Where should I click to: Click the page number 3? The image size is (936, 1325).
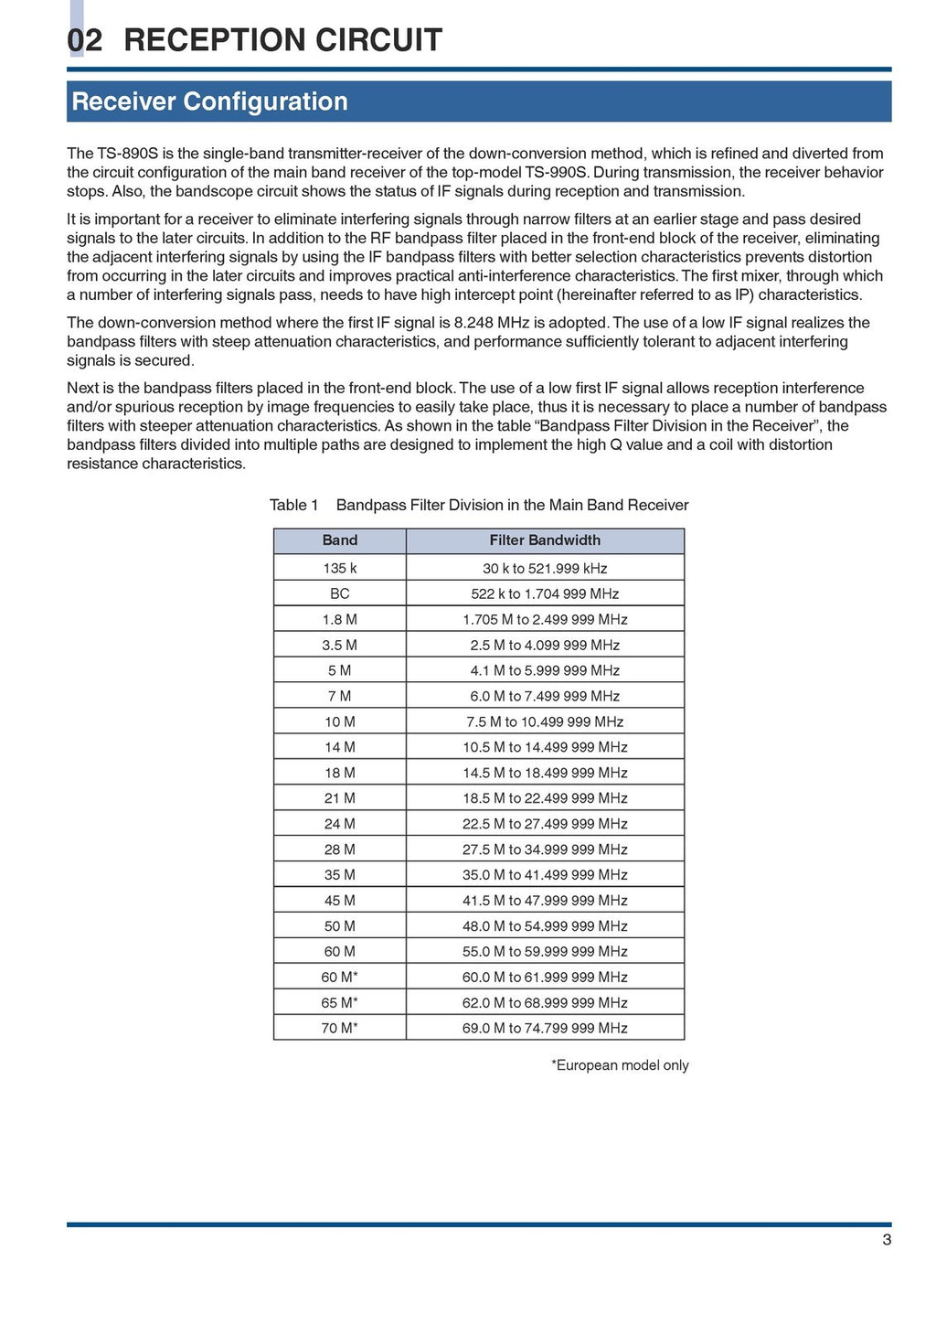887,1240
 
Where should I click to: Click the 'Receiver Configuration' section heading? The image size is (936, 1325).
209,102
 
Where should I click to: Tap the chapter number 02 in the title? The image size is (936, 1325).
85,40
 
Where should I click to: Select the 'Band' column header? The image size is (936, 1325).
339,540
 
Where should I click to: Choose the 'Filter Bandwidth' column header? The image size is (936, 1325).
545,540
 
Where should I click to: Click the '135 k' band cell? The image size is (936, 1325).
339,568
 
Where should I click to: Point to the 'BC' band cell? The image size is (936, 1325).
339,593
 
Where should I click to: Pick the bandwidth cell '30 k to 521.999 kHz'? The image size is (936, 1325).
545,568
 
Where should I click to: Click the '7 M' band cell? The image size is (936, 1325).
339,696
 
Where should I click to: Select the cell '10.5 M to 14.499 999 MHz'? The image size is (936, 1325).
545,747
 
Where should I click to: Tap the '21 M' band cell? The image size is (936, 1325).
339,798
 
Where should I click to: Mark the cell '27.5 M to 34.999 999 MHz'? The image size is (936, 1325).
545,849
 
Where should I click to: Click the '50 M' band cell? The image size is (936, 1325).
339,926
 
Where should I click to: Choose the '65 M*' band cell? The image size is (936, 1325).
339,1003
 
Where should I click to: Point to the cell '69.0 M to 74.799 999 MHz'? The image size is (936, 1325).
545,1029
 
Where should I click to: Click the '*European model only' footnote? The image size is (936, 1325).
620,1065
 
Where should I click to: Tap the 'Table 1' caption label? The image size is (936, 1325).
293,505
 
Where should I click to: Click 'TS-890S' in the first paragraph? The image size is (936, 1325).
124,154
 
